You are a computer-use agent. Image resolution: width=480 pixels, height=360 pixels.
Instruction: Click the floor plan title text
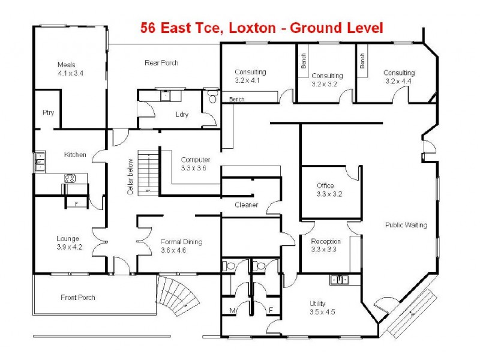[261, 27]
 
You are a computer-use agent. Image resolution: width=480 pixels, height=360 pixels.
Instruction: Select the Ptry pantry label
[48, 112]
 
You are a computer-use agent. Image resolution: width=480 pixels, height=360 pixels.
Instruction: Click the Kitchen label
[75, 155]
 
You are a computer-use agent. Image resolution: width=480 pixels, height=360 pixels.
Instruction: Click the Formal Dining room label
[181, 246]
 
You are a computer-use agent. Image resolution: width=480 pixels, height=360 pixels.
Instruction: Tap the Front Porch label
[78, 298]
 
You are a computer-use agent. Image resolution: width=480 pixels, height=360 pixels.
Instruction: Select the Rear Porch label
[161, 63]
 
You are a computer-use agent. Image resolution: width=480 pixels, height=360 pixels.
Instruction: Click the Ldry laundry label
[182, 115]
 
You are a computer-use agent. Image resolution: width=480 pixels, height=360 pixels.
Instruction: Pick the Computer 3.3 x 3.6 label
[195, 164]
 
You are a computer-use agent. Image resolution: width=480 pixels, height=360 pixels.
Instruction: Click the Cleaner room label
[246, 205]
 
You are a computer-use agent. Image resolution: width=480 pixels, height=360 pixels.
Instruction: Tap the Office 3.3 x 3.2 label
[329, 190]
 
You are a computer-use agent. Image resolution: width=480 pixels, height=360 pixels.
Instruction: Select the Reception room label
[326, 245]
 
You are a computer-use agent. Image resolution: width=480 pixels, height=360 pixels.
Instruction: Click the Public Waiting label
[406, 225]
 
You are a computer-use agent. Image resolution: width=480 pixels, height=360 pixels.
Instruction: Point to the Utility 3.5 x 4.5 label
[318, 307]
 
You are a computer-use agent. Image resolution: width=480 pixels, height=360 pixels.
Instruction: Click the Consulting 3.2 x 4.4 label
[399, 77]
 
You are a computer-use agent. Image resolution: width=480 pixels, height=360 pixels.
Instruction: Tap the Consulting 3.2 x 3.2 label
[327, 80]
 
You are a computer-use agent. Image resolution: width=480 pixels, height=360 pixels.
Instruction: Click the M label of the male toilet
[232, 311]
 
